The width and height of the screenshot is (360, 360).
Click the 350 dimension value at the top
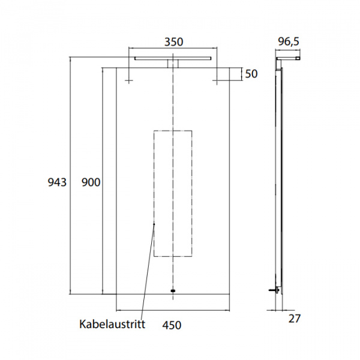pyautogui.click(x=173, y=42)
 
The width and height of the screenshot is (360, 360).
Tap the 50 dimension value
pyautogui.click(x=251, y=74)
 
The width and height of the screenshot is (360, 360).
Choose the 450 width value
pyautogui.click(x=171, y=325)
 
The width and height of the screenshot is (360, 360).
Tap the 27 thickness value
pyautogui.click(x=294, y=319)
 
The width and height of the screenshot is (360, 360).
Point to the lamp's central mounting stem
pyautogui.click(x=173, y=64)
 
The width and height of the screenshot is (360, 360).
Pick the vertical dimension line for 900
pyautogui.click(x=103, y=180)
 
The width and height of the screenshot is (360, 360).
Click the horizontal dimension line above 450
pyautogui.click(x=173, y=310)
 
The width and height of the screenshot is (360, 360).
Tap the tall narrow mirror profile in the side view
pyautogui.click(x=279, y=180)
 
